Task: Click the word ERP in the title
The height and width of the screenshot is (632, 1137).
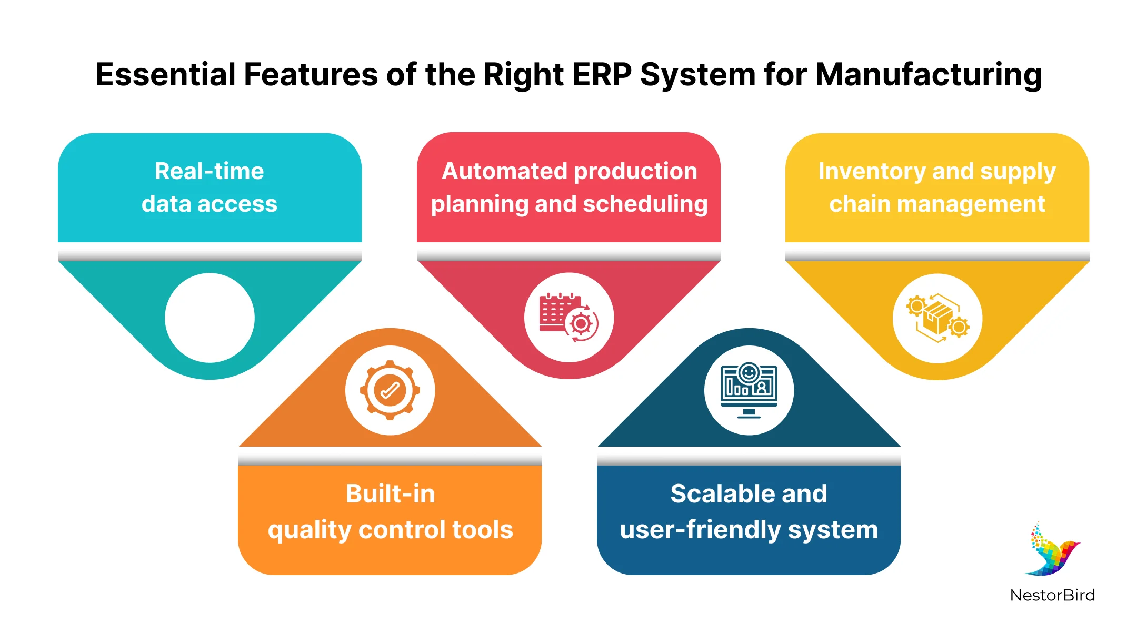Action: point(602,74)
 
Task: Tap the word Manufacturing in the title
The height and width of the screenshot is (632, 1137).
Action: point(929,74)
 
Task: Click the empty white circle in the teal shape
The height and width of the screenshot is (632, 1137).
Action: point(210,318)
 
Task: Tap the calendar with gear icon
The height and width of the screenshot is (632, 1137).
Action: point(568,318)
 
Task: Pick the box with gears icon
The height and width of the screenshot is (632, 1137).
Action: point(937,318)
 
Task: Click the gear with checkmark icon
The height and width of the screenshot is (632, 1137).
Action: point(390,390)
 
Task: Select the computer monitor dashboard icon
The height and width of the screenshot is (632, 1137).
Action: point(749,390)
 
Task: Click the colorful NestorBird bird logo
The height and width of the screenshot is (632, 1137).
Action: point(1052,550)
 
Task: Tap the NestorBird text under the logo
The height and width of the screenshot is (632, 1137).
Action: point(1052,595)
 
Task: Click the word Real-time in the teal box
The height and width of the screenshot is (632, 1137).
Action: point(210,171)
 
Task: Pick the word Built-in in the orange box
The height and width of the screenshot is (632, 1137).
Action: point(390,494)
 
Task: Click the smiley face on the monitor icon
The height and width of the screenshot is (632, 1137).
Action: point(749,373)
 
